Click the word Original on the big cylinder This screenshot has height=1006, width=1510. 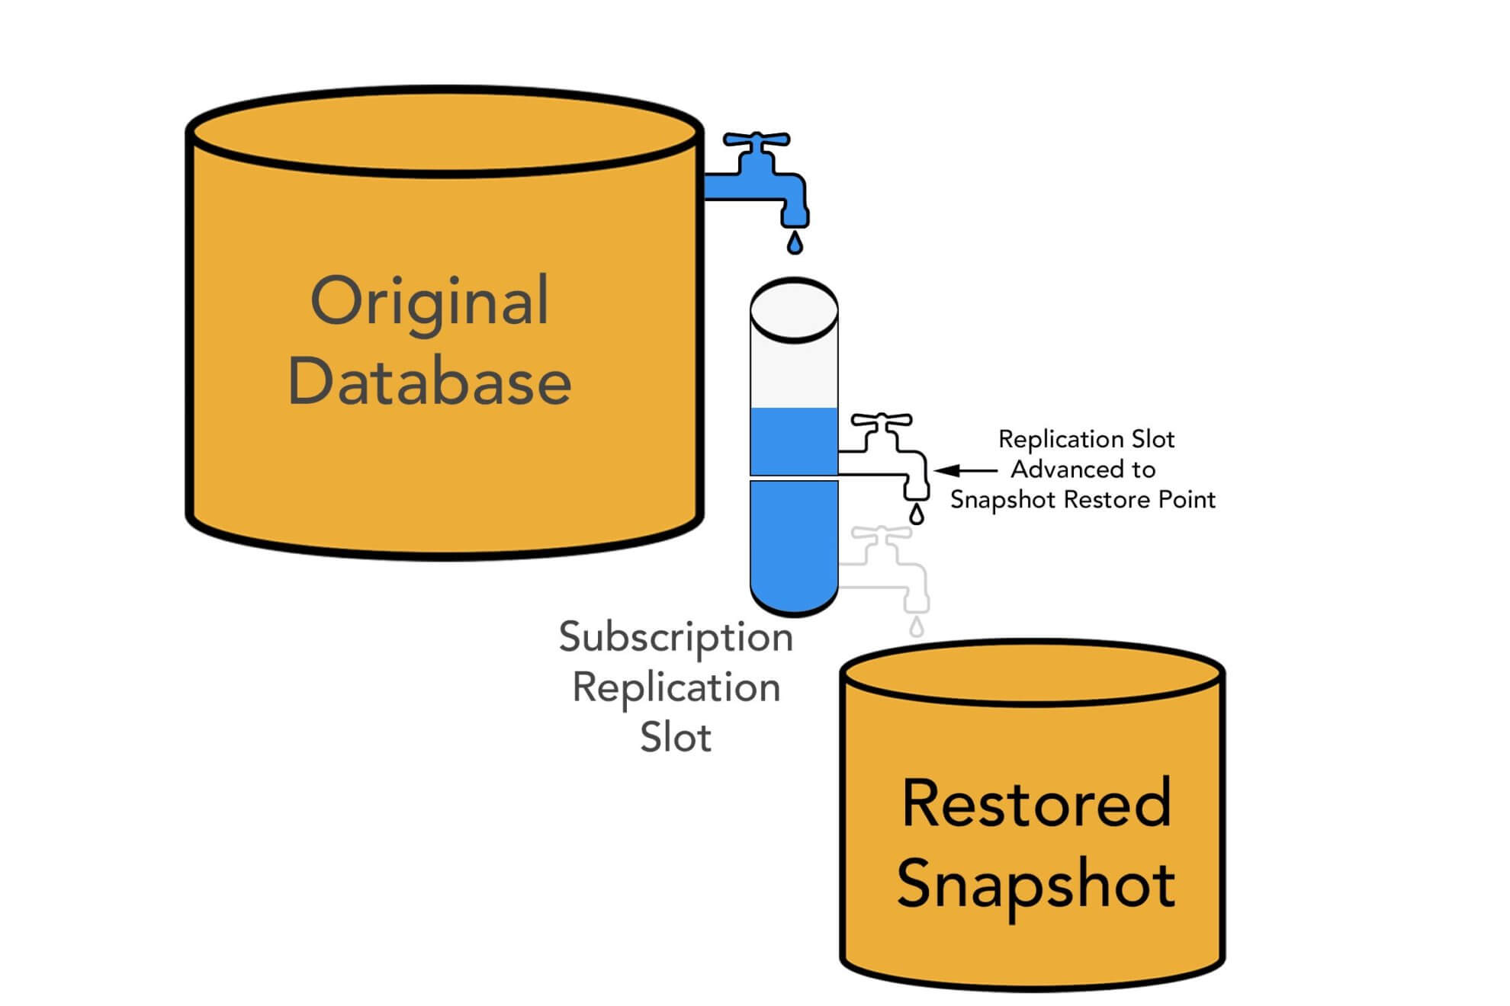(429, 302)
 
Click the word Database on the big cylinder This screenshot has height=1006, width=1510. (429, 382)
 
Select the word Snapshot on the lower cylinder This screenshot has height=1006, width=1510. (1036, 884)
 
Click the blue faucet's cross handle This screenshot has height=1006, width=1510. (757, 140)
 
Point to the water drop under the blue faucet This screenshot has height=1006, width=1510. (795, 243)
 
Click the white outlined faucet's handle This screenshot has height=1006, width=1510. (882, 420)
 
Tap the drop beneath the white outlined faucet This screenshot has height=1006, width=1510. (917, 514)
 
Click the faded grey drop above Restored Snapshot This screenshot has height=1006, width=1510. (917, 627)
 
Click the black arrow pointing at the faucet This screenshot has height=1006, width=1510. (965, 471)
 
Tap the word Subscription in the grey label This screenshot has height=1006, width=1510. (676, 637)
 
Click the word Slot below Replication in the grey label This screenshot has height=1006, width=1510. (676, 737)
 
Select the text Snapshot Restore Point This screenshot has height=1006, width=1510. (1082, 500)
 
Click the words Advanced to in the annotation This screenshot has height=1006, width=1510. (1083, 469)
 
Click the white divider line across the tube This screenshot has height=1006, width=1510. (794, 478)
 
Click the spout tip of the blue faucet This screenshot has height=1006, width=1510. (795, 219)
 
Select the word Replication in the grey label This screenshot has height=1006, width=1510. (676, 687)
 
